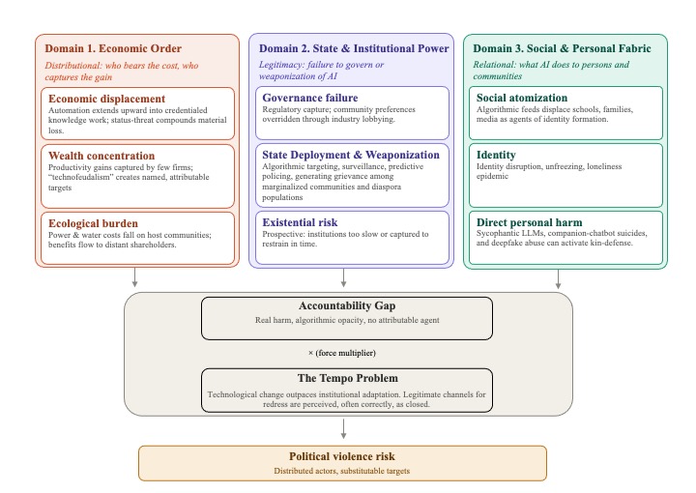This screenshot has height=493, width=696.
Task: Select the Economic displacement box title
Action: coord(105,99)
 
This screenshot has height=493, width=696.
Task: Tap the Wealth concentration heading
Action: coord(101,156)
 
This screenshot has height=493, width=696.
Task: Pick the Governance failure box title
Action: coord(310,98)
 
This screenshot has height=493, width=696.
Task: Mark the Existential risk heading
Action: coord(303,223)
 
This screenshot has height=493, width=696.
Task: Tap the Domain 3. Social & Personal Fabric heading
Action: coord(563,47)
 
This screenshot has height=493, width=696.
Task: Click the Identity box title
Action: coord(497,154)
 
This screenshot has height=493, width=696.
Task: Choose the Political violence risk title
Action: coord(342,455)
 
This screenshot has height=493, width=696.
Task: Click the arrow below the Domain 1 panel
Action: coord(135,278)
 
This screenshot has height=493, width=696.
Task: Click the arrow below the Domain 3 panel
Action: coord(558,278)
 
